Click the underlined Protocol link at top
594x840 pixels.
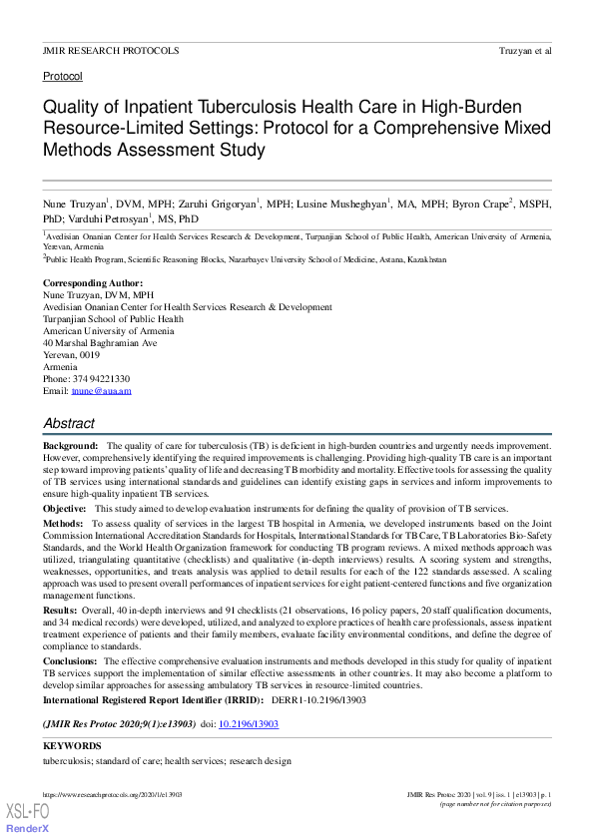tap(63, 76)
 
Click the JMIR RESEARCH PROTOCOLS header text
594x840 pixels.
tap(111, 50)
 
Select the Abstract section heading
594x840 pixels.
tap(69, 423)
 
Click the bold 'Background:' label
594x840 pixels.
tap(70, 446)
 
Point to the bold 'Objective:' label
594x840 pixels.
tap(64, 508)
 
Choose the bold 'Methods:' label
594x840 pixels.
tap(63, 523)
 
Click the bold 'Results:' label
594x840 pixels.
tap(60, 611)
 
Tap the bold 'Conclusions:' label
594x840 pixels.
tap(70, 661)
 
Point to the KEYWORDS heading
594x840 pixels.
tap(72, 746)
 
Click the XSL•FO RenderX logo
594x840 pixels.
tap(29, 816)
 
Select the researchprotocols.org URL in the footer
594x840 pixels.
tap(112, 794)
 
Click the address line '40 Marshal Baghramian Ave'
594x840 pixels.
tap(100, 343)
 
